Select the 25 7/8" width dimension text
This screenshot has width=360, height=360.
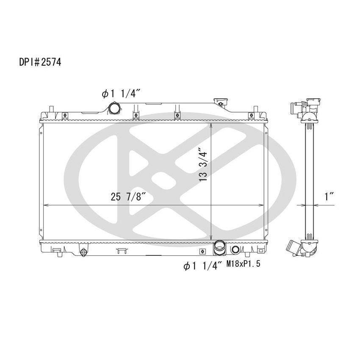[129, 196]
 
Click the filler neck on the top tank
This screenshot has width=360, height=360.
[221, 102]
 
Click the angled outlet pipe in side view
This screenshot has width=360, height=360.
[293, 248]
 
